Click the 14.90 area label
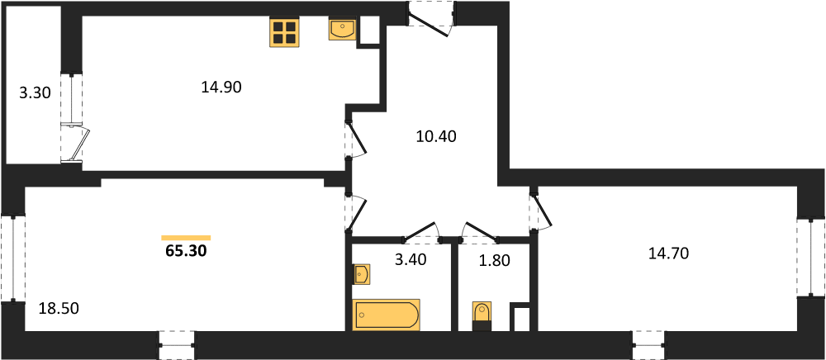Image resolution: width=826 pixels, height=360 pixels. (221, 88)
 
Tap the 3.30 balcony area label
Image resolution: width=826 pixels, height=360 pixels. (35, 94)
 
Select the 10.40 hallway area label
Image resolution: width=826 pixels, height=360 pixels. (435, 137)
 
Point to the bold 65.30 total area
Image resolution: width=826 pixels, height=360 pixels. (186, 250)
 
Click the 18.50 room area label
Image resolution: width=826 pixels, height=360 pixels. (59, 308)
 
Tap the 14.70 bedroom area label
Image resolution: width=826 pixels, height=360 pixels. (669, 254)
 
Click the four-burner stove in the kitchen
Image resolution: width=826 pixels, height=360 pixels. (283, 32)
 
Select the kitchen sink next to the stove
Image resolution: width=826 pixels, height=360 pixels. (343, 29)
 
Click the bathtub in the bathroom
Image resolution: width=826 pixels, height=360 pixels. (387, 315)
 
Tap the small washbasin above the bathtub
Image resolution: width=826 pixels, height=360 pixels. (362, 273)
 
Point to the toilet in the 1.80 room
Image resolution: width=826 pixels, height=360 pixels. (482, 315)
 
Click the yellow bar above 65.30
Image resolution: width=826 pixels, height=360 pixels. (186, 238)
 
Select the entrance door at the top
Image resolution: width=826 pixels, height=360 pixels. (431, 18)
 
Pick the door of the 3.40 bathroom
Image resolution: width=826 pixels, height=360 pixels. (422, 232)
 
